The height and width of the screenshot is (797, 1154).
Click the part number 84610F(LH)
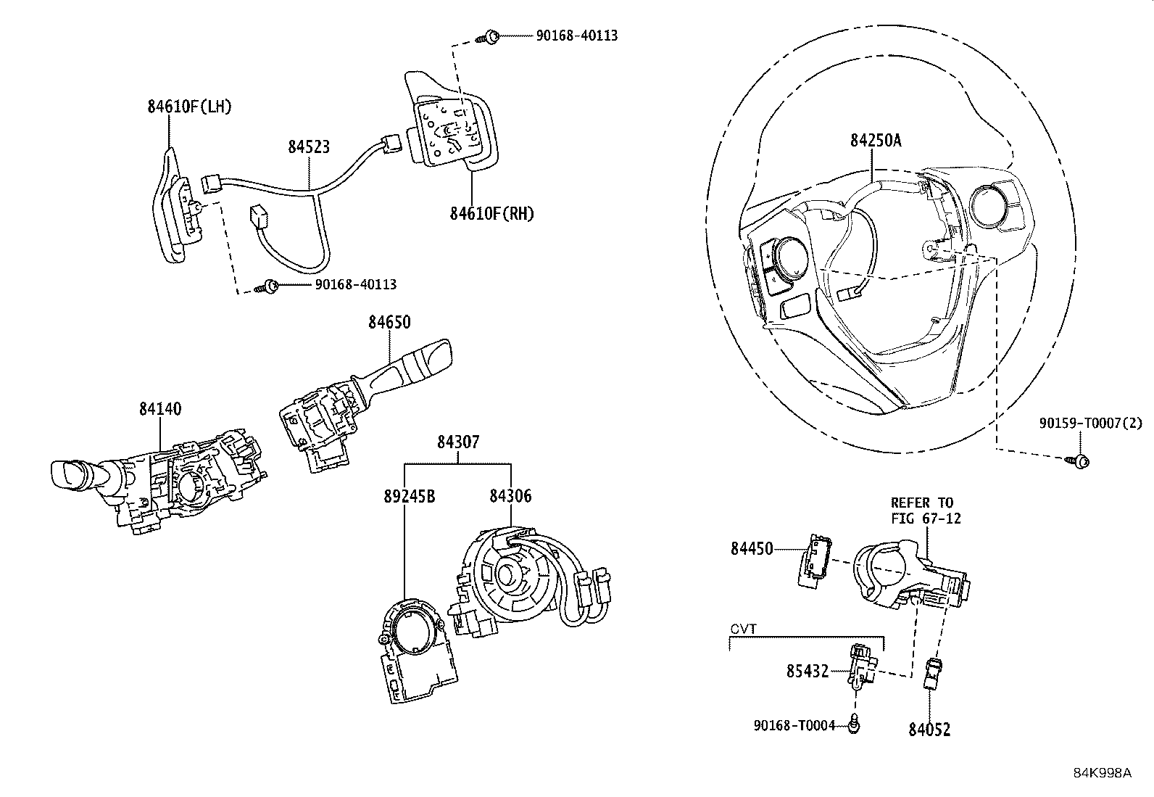[189, 107]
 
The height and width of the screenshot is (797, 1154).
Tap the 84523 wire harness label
[309, 147]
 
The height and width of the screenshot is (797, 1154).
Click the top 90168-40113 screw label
[577, 36]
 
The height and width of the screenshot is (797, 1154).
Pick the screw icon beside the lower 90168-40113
[270, 286]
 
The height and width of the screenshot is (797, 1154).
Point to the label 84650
[389, 322]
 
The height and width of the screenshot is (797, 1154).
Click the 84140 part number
[160, 409]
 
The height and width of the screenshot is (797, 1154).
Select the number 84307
[457, 442]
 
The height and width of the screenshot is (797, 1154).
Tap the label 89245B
[410, 496]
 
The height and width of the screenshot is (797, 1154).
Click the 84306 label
[510, 496]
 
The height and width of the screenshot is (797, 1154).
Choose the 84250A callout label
[876, 140]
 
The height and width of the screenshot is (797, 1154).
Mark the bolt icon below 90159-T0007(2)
[1080, 461]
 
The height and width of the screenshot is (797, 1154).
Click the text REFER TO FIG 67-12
[922, 511]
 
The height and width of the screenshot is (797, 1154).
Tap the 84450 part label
[752, 549]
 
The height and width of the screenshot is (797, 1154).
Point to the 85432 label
[808, 672]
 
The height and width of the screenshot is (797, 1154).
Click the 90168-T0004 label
[794, 724]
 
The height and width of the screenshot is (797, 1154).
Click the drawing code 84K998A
[1103, 773]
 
